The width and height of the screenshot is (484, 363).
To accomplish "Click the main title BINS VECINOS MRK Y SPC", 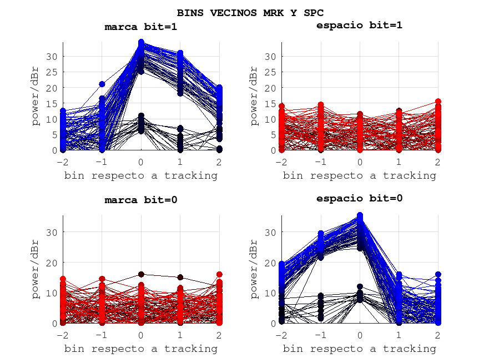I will coord(250,12).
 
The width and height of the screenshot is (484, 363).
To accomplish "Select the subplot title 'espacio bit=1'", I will coord(359,25).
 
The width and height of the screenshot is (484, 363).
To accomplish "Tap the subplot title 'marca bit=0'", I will coord(141,200).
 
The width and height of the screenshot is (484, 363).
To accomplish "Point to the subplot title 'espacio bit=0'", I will coord(359,198).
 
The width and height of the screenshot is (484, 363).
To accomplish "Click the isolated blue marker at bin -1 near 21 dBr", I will coord(102,84).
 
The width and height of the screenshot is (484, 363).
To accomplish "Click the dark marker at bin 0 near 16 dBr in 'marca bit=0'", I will coord(141,274).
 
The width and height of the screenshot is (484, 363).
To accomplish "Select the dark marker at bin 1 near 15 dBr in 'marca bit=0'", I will coord(180,277).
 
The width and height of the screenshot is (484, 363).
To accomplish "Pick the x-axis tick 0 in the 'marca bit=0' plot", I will coord(141,335).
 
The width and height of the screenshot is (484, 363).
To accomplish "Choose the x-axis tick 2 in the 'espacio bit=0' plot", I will coord(437,335).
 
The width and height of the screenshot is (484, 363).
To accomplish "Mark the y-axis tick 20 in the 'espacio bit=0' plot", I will coord(270,262).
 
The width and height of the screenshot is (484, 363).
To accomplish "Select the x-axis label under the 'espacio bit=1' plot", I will coord(359,175).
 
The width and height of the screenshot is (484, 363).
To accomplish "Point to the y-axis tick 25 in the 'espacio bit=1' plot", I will coord(270,72).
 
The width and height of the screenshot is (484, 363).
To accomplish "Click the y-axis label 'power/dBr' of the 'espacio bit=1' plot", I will coord(254,96).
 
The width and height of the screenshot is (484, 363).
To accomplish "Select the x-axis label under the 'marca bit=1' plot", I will coord(141,175).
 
